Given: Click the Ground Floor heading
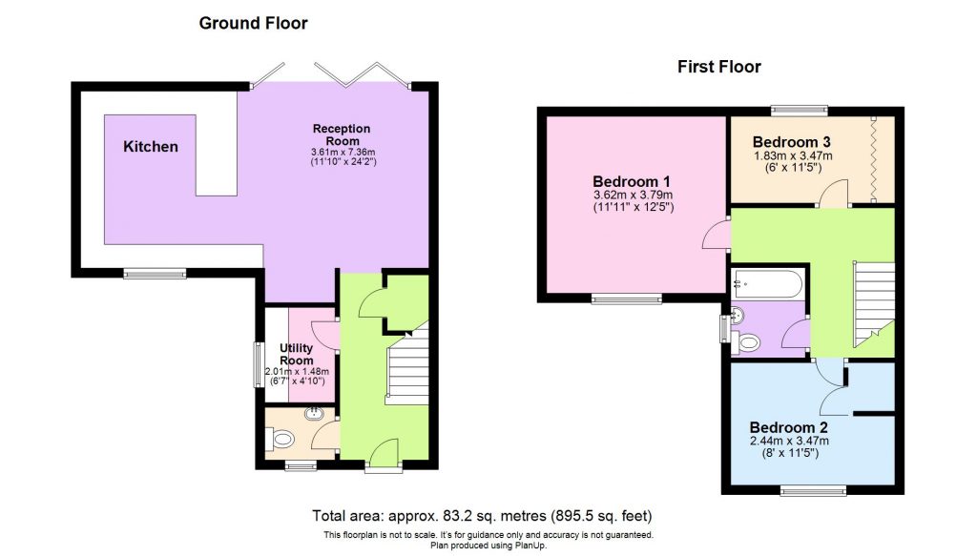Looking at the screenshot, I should coord(253,23).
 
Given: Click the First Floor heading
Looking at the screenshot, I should coord(718,67).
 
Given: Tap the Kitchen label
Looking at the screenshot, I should coord(150,147).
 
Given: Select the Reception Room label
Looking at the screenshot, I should coord(342,134).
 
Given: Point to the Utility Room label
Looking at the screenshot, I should coord(297,355).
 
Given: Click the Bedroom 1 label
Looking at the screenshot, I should coord(632,181).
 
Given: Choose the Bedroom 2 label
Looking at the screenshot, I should coord(788,426).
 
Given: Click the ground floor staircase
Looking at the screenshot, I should coord(405,365).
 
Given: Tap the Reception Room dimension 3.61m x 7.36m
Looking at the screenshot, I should coord(342,152).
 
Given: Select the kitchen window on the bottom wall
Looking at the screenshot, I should coord(155,275).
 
